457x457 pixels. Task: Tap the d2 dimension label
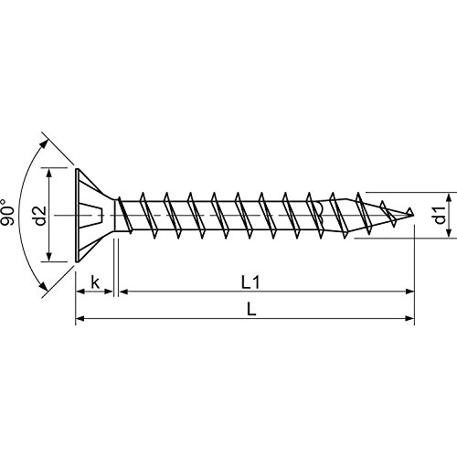(x=39, y=216)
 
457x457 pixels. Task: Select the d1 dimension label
(x=441, y=217)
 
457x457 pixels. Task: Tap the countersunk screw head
(x=91, y=216)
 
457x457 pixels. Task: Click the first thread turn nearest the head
(x=144, y=216)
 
